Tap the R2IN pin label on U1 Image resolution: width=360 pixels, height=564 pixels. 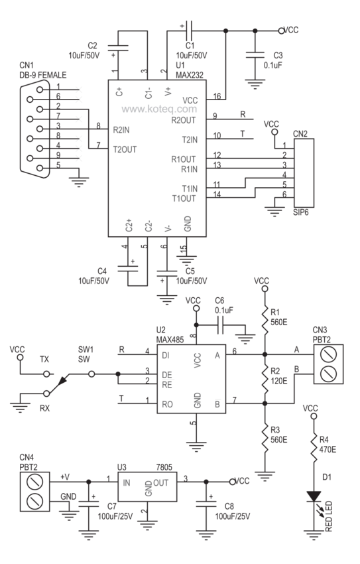[122, 129]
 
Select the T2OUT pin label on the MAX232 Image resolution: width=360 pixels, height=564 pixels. [125, 150]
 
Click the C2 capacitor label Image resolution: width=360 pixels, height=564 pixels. [92, 45]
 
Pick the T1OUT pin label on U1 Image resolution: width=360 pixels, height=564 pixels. [184, 198]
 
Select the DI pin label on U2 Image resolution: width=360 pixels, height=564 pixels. [165, 355]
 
